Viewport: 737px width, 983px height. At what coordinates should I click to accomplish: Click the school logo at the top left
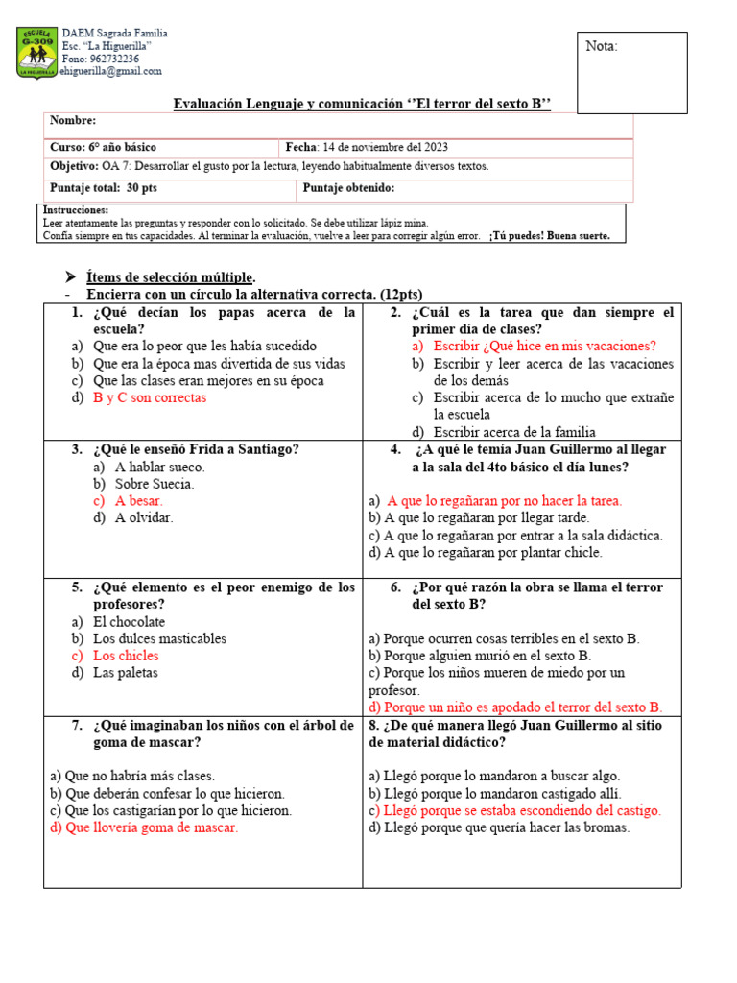tap(37, 53)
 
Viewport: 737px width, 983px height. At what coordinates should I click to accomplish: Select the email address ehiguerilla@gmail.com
tap(110, 71)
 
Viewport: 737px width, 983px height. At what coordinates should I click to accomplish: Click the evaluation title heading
tap(362, 104)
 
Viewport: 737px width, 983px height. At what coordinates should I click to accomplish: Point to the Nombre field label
tap(73, 121)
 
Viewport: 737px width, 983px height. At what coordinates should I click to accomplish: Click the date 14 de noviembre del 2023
tap(384, 148)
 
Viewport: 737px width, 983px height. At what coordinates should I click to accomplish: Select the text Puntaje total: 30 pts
tap(104, 188)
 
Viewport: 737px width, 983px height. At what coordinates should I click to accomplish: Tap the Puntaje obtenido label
tap(348, 188)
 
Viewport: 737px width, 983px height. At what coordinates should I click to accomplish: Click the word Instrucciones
tap(76, 209)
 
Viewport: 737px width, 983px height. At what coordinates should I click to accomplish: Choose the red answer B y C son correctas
tap(150, 398)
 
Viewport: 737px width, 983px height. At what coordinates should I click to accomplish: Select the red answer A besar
tap(138, 501)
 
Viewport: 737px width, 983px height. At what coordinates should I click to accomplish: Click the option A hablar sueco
tap(159, 467)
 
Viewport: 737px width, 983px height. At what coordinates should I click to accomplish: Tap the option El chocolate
tap(129, 622)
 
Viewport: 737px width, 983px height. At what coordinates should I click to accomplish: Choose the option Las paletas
tap(125, 673)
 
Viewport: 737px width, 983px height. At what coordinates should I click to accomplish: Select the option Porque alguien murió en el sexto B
tap(498, 656)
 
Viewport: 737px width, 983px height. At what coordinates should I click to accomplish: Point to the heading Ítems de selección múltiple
tap(171, 277)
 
